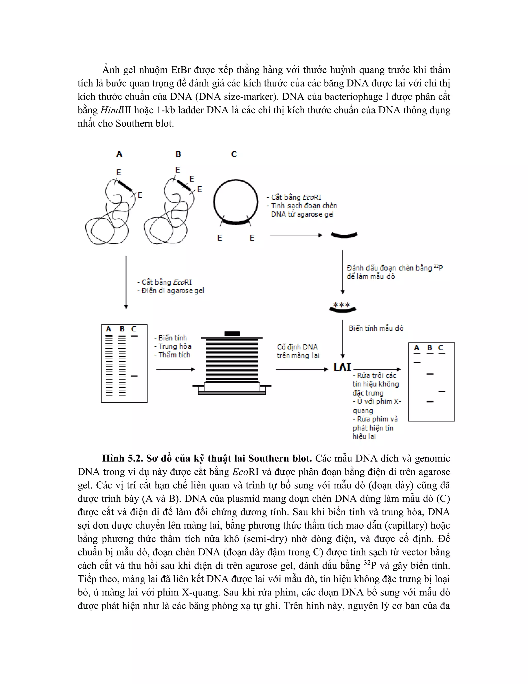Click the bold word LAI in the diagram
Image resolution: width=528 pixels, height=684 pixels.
click(342, 367)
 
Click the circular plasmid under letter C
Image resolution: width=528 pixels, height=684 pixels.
click(236, 202)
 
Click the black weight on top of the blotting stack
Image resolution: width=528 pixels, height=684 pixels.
click(232, 333)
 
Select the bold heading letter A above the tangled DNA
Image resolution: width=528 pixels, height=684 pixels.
click(119, 154)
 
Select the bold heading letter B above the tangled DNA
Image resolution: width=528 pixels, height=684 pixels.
click(178, 154)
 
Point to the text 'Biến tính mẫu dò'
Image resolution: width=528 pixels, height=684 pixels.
click(376, 328)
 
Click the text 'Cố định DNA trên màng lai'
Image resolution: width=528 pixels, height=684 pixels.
click(298, 351)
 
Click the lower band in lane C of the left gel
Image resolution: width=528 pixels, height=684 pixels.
click(134, 376)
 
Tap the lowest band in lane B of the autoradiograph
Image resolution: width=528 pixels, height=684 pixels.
click(430, 402)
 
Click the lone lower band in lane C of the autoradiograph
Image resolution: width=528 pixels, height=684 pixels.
click(442, 392)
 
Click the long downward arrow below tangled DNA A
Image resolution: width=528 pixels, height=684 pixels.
click(126, 282)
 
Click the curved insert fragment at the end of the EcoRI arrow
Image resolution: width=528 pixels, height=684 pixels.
click(344, 235)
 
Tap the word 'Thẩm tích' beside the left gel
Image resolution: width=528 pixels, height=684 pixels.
click(174, 355)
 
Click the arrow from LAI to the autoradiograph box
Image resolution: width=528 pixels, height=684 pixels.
click(377, 369)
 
